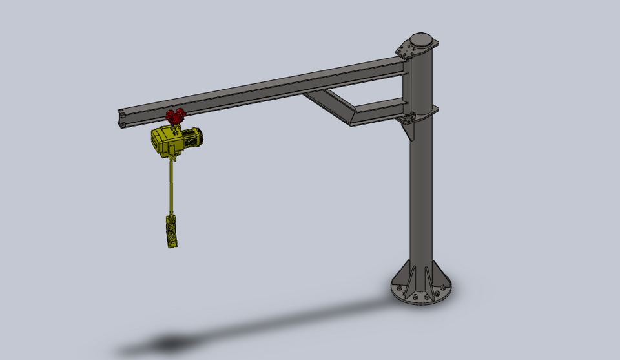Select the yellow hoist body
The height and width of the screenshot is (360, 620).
pyautogui.click(x=167, y=141)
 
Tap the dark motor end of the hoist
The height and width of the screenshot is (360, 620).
pyautogui.click(x=196, y=137)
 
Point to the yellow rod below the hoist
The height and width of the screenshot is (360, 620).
pyautogui.click(x=172, y=187)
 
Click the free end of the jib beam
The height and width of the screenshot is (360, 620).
pyautogui.click(x=122, y=116)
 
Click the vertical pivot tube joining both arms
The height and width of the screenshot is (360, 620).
pyautogui.click(x=406, y=84)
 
